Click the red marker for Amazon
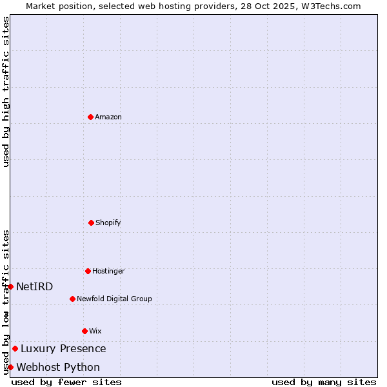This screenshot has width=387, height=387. (x=90, y=117)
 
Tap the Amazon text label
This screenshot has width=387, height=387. (x=108, y=117)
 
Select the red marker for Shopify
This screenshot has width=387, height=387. (x=91, y=223)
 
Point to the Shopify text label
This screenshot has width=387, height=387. (x=108, y=223)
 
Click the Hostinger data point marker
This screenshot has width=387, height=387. (x=88, y=271)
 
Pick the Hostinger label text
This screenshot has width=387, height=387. (x=108, y=272)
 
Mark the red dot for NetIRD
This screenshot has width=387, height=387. (x=11, y=286)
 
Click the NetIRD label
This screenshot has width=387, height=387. (x=35, y=287)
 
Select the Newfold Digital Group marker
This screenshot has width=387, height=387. (x=72, y=299)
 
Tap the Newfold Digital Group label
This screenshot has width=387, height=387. (x=114, y=299)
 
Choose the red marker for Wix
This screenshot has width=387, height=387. (x=84, y=331)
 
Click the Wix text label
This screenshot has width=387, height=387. (x=95, y=332)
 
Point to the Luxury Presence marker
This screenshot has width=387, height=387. (x=15, y=348)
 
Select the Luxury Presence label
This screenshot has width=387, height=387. (x=63, y=349)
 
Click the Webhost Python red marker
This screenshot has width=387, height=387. (x=11, y=367)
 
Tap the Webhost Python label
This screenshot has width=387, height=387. (x=58, y=368)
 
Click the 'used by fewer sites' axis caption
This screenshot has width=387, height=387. (x=66, y=382)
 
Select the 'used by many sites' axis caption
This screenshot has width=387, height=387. (x=324, y=382)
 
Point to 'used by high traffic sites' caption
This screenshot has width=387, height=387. (x=6, y=92)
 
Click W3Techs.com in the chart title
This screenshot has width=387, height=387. (x=329, y=6)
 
